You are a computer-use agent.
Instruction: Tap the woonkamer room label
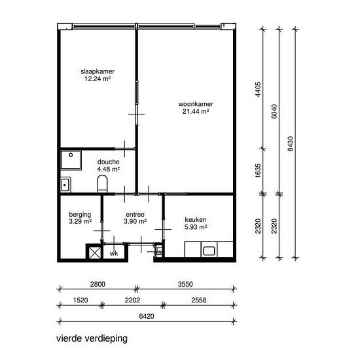click(196, 104)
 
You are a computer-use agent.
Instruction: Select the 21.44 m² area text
click(196, 112)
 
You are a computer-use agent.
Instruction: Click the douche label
click(108, 162)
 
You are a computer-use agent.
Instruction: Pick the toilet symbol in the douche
click(102, 183)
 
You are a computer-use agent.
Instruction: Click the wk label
click(114, 253)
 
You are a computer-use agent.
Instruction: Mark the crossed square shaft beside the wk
click(94, 251)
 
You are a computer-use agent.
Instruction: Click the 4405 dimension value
click(259, 88)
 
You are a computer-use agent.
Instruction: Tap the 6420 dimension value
click(147, 315)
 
